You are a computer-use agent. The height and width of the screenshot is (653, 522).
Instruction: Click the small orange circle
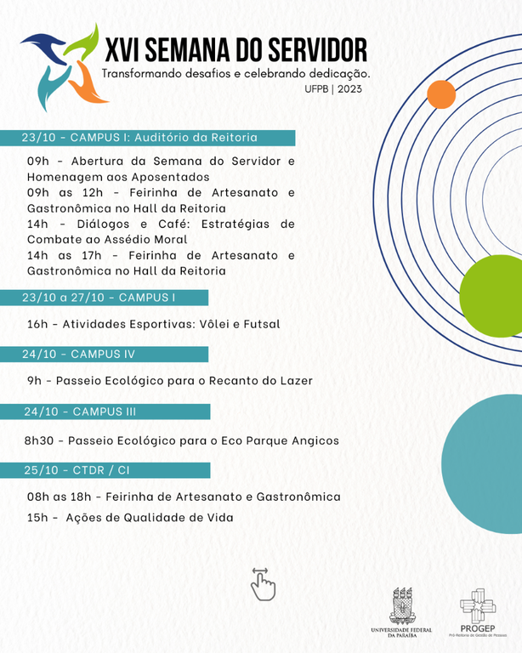pos(441,94)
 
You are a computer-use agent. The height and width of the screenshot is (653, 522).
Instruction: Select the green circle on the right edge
pos(493,297)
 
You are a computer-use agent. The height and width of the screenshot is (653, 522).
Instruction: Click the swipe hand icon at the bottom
pos(262,584)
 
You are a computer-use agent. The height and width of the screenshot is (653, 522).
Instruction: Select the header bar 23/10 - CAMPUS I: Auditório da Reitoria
pos(158,137)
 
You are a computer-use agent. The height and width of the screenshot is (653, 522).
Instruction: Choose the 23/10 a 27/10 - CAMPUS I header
pos(114,298)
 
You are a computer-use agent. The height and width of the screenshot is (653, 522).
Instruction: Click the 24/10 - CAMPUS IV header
pos(114,354)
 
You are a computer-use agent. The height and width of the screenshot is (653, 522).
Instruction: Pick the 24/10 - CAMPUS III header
pos(114,412)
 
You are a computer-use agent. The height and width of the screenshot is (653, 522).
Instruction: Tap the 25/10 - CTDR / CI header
pos(114,470)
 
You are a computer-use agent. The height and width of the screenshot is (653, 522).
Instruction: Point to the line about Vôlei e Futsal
pos(154,324)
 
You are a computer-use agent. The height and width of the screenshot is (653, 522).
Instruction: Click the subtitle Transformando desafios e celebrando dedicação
pos(235,74)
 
